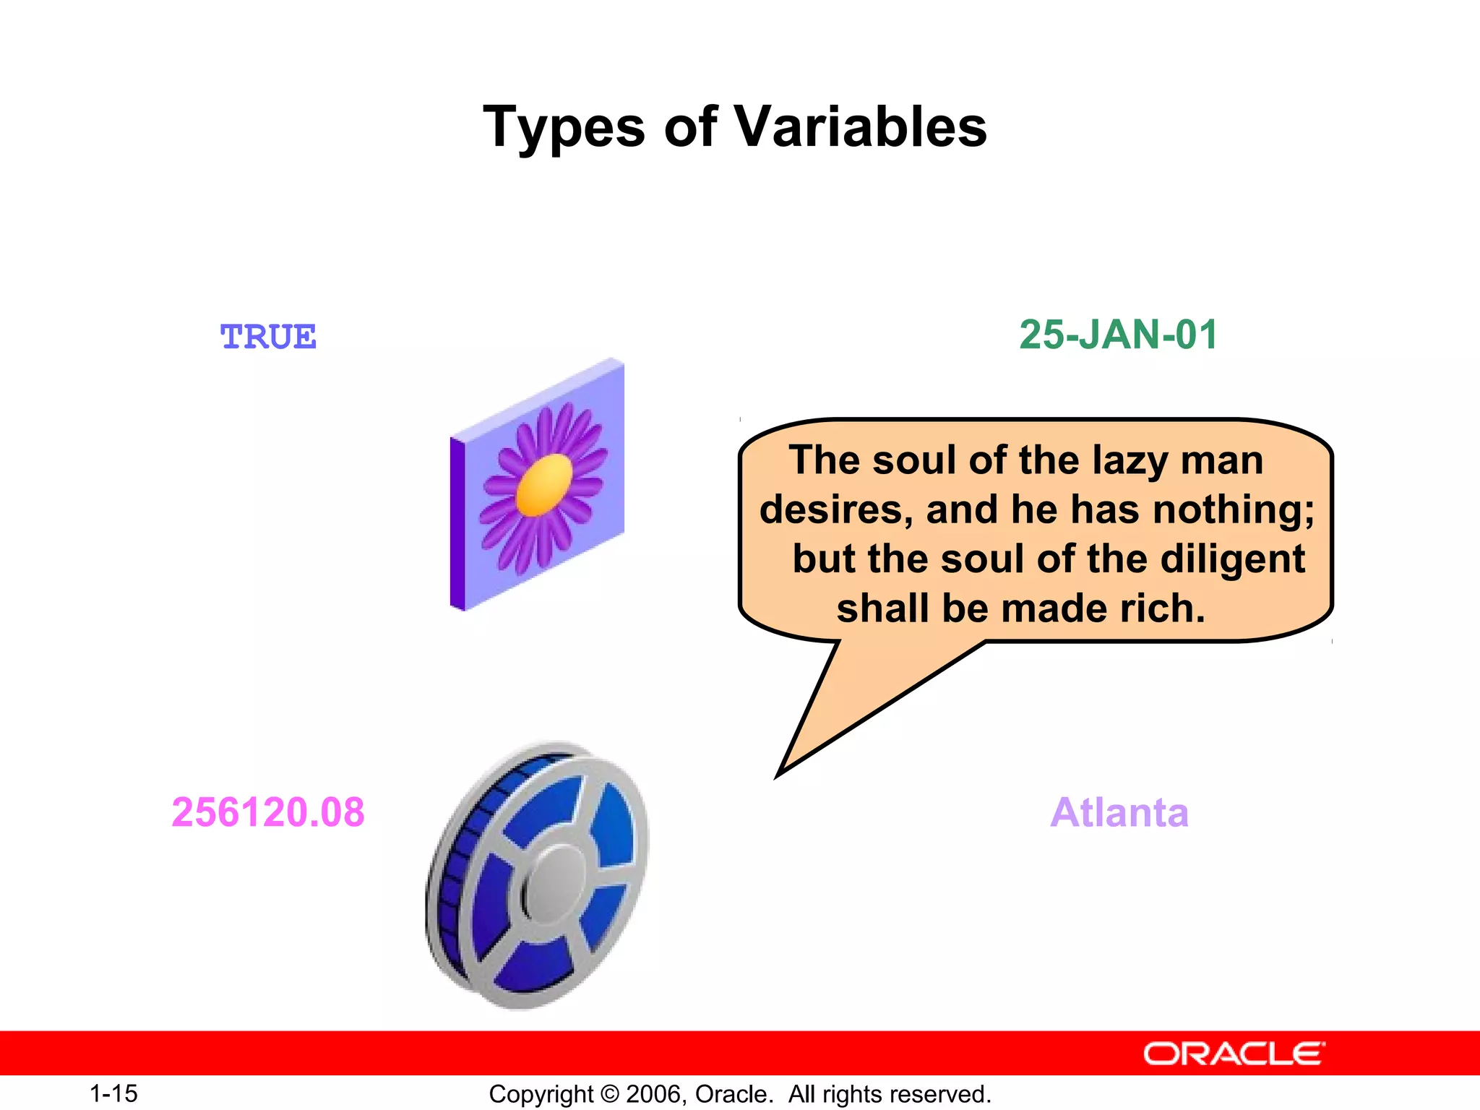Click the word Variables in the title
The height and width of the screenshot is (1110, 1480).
click(x=860, y=126)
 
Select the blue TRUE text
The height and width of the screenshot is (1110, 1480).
click(x=268, y=337)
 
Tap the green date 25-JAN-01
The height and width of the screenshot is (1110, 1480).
click(x=1118, y=335)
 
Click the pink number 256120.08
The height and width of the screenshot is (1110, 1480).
click(x=268, y=812)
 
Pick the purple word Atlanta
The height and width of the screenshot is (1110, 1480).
click(x=1119, y=812)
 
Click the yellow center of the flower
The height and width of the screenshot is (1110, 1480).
click(x=544, y=485)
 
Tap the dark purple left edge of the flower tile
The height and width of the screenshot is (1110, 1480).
click(x=457, y=524)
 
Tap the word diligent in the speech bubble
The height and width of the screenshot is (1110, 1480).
click(x=1232, y=559)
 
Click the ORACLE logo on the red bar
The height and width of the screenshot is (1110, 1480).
click(x=1234, y=1054)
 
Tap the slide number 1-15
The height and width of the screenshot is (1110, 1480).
click(x=113, y=1093)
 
